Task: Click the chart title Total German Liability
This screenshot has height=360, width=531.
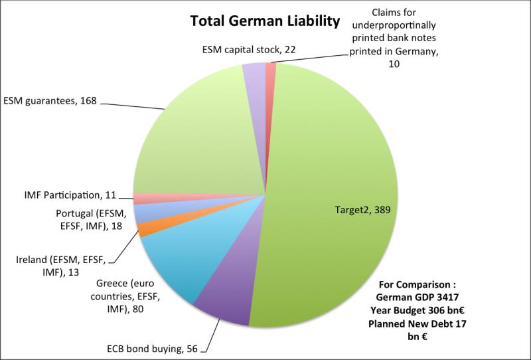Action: (x=265, y=21)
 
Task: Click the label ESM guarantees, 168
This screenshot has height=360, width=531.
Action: (x=51, y=101)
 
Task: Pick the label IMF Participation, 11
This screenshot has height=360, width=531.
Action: (x=69, y=195)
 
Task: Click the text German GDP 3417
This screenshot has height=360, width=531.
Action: (x=417, y=298)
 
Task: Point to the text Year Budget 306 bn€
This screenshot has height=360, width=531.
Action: (x=417, y=310)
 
